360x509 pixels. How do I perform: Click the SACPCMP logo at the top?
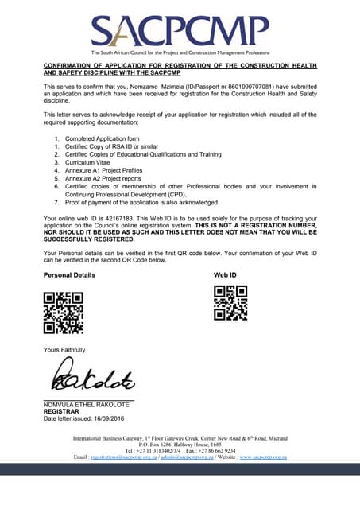tap(180, 31)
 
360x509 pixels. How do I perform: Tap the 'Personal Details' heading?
tap(69, 274)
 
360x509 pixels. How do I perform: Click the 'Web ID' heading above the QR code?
tap(226, 274)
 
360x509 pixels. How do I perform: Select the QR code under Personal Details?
tap(64, 312)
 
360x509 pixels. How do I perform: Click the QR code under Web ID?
tap(232, 303)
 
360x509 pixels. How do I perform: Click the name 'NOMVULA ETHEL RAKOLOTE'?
tap(86, 405)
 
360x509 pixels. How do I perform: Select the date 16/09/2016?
tap(107, 418)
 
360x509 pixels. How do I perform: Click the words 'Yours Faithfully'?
tap(64, 350)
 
